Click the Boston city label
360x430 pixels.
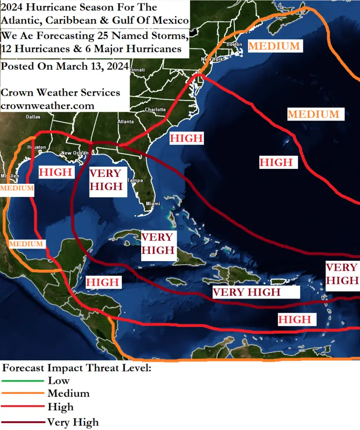click(x=234, y=44)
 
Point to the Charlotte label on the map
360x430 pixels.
click(x=155, y=110)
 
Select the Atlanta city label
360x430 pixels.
click(x=126, y=122)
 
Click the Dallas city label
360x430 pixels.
click(x=33, y=117)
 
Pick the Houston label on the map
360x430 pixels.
click(x=36, y=147)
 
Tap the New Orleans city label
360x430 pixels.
click(x=75, y=153)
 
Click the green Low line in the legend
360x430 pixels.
click(x=23, y=381)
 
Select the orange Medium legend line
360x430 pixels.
click(x=23, y=393)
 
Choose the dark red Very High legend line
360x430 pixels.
click(x=23, y=422)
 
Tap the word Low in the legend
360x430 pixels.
click(x=59, y=381)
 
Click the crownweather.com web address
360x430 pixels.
click(x=47, y=106)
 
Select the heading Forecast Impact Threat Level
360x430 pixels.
click(x=76, y=368)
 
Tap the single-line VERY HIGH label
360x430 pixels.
click(x=246, y=292)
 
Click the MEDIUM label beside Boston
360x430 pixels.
click(x=274, y=46)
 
